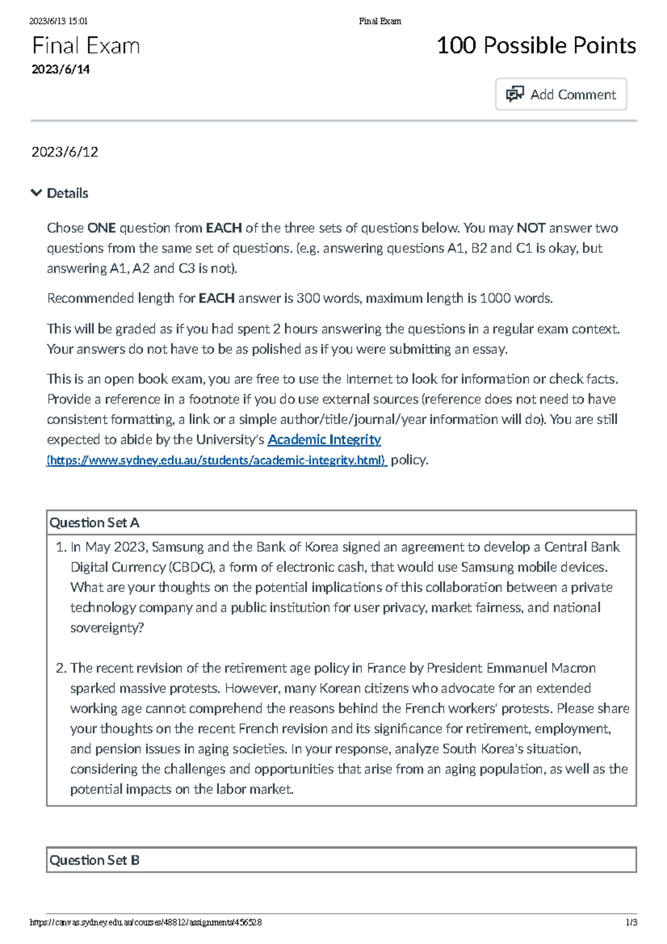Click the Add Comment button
pos(561,95)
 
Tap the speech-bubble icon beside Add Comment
pos(515,95)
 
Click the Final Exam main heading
pos(86,46)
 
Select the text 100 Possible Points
pos(536,46)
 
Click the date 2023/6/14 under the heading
pos(61,69)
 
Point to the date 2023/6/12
pos(64,152)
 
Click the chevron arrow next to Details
pos(37,193)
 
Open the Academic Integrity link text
pos(324,440)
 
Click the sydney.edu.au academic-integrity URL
pos(216,460)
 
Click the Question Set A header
pos(94,523)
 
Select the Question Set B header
pos(94,860)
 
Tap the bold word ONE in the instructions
pos(101,228)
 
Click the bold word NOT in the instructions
pos(530,228)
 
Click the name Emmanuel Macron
pos(540,668)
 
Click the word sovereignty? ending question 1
pos(107,628)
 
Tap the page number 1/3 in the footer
pos(631,922)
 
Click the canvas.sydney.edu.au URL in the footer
pos(146,922)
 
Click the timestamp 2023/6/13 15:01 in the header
pos(58,21)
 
